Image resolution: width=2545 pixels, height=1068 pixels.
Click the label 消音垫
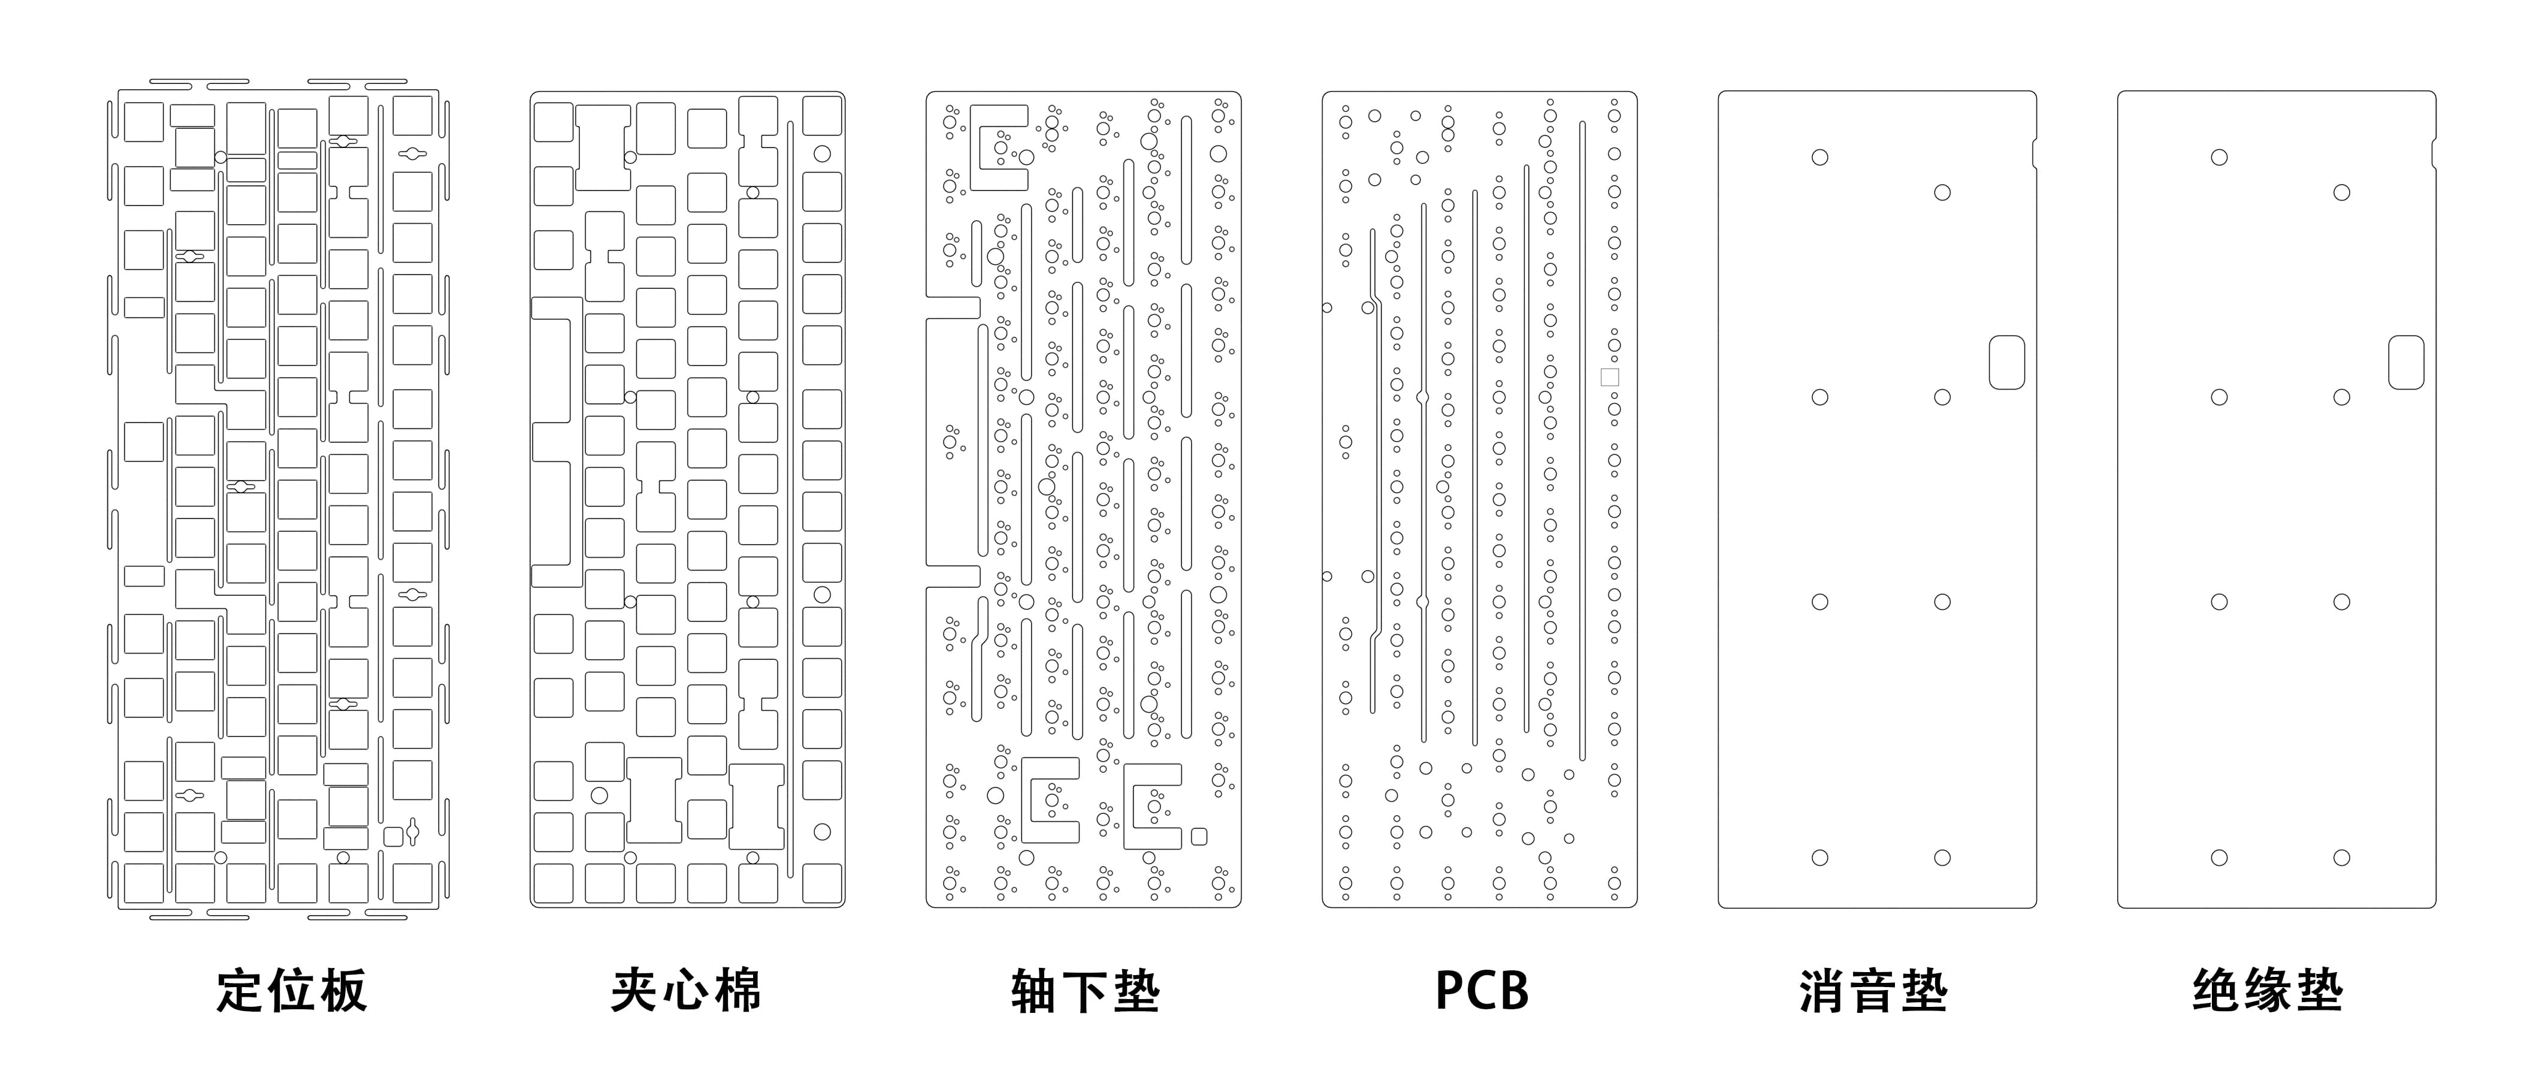pos(1873,991)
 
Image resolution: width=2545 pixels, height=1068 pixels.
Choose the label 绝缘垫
pos(2268,990)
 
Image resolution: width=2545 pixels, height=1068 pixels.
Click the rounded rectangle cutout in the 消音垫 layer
pos(2006,361)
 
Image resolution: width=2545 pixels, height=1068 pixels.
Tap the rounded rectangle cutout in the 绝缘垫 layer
pos(2405,361)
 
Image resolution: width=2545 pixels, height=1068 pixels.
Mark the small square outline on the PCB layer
pos(1609,376)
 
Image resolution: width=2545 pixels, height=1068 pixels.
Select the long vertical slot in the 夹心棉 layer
pos(790,499)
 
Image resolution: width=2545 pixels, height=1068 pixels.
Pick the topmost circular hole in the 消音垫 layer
pos(1820,157)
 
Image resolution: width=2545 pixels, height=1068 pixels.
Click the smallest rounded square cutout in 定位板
pos(392,836)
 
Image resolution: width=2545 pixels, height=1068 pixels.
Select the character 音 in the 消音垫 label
pos(1873,991)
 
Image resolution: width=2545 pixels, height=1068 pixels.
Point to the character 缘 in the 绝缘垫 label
pos(2268,990)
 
